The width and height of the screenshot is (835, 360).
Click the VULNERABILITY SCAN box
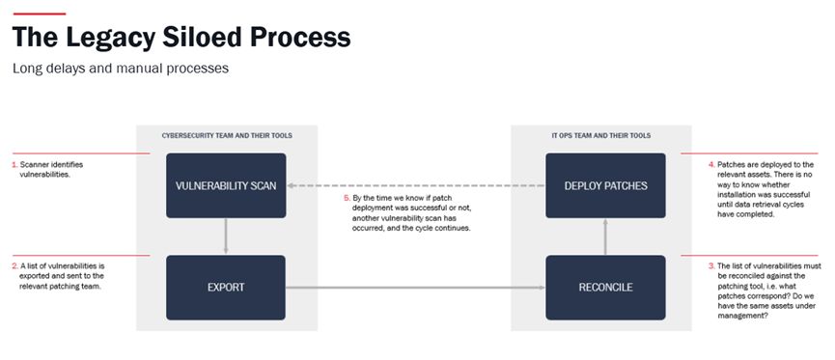click(226, 185)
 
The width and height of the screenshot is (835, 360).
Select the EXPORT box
click(226, 288)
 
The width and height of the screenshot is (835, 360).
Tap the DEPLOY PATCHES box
click(605, 185)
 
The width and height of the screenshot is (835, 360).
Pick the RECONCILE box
click(605, 288)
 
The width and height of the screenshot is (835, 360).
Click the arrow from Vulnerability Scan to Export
click(226, 236)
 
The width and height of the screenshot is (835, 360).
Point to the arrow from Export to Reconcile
click(415, 288)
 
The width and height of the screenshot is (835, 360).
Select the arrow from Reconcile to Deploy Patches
click(605, 236)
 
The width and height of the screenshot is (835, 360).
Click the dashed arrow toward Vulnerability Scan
click(416, 186)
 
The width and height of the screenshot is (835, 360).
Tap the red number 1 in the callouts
click(14, 164)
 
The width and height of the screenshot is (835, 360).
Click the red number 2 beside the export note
click(14, 265)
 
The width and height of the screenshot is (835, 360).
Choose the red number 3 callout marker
click(711, 265)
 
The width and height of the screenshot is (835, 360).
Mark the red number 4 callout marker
click(711, 164)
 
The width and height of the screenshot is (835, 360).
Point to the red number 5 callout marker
click(348, 198)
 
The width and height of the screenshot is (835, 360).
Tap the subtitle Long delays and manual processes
click(121, 69)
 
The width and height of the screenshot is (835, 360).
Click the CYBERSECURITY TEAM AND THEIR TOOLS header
click(227, 136)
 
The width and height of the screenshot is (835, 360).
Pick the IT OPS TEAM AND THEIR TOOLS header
click(601, 136)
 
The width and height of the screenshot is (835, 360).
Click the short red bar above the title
click(39, 14)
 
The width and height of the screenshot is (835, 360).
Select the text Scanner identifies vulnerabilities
click(51, 169)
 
